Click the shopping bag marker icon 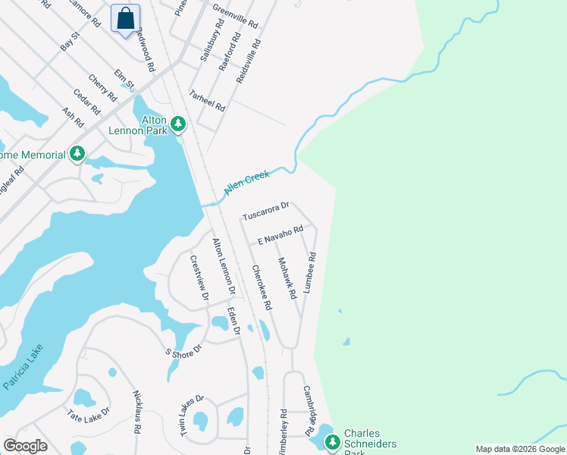click(126, 18)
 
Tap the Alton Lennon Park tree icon click(178, 122)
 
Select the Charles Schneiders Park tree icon click(333, 441)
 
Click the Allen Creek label click(246, 185)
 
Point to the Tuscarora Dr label click(266, 211)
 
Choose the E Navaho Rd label click(280, 234)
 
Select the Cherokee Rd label click(262, 287)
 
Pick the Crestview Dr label click(199, 278)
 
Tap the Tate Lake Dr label click(88, 414)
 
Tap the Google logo click(25, 446)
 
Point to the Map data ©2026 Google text click(519, 449)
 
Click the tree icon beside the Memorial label click(77, 154)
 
